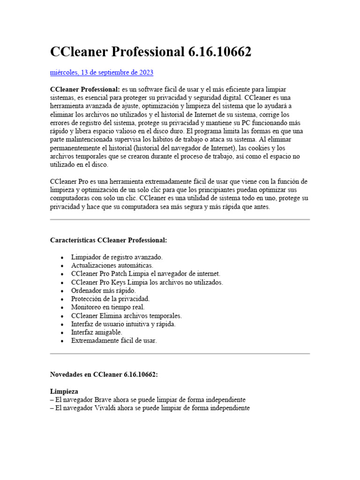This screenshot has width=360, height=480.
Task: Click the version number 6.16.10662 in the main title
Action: (219, 52)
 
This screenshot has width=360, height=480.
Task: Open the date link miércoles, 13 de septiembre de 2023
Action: (102, 73)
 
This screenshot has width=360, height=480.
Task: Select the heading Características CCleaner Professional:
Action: (108, 240)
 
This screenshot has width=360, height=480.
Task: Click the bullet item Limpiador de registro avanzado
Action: (117, 257)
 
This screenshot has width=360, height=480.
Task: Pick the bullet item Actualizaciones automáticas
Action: (112, 265)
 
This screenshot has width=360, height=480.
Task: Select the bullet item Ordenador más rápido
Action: (103, 291)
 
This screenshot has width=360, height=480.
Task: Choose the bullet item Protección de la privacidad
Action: (110, 299)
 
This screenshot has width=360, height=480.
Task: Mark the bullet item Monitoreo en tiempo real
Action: (108, 307)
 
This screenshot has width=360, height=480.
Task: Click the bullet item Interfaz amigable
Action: (97, 332)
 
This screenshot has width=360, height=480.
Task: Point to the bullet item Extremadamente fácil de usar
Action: (114, 341)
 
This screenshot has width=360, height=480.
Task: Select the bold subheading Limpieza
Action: (64, 391)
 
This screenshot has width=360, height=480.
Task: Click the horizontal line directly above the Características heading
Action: (180, 219)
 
